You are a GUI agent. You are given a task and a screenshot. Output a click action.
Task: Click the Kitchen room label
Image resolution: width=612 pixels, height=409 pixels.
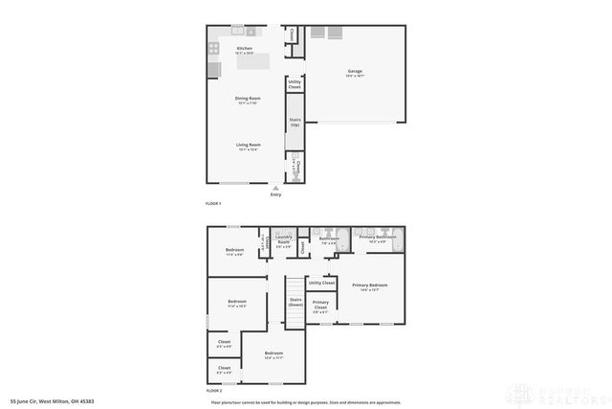[x=245, y=49]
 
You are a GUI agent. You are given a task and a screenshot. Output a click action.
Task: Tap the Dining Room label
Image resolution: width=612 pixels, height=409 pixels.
[x=249, y=100]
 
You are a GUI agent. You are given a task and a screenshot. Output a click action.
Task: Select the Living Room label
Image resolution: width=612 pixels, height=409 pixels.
[x=249, y=147]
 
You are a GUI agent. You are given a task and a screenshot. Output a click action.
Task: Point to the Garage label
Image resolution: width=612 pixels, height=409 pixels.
[x=355, y=73]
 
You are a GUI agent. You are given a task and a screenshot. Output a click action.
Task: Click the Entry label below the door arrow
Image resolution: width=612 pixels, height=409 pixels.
[x=275, y=195]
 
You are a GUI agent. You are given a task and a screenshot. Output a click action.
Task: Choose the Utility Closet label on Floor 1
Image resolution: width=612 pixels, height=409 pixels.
[x=295, y=84]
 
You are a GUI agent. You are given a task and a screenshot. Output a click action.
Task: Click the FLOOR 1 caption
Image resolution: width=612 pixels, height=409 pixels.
[x=213, y=204]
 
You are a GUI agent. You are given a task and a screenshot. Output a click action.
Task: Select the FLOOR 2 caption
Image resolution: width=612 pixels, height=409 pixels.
[x=213, y=391]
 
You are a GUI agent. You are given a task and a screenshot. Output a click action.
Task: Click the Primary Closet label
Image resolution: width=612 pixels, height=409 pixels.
[x=319, y=307]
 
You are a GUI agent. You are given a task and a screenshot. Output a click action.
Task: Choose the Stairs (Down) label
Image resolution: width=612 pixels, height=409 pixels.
[x=295, y=303]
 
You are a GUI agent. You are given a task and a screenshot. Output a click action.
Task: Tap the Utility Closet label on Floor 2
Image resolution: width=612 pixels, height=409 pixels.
[x=321, y=283]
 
